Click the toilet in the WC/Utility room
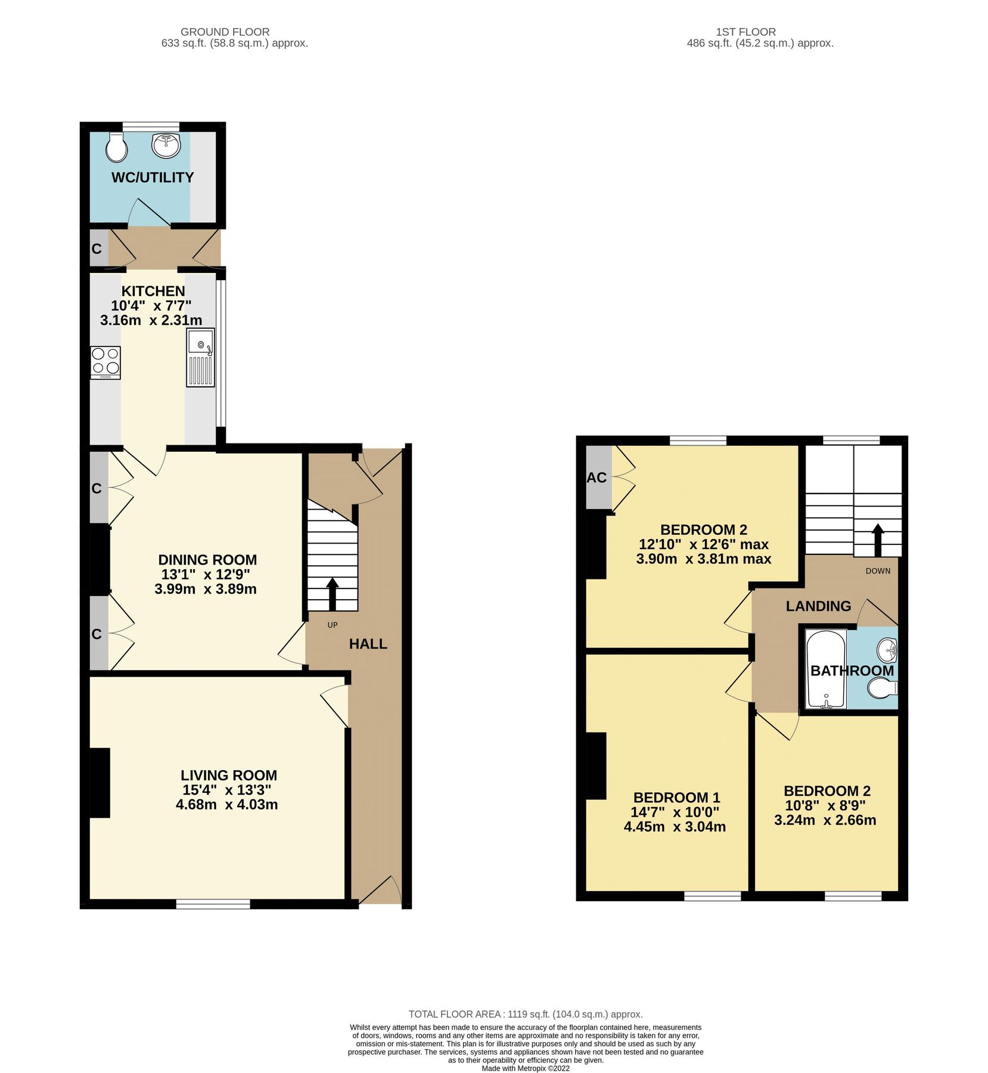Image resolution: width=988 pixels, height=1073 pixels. pyautogui.click(x=117, y=147)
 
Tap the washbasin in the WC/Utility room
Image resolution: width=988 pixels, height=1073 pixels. pyautogui.click(x=166, y=145)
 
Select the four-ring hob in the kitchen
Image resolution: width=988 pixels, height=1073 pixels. pyautogui.click(x=105, y=362)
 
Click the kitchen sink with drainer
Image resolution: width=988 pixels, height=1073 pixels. pyautogui.click(x=200, y=356)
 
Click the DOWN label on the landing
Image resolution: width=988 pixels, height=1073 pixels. pyautogui.click(x=877, y=570)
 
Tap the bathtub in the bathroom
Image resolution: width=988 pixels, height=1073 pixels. pyautogui.click(x=825, y=669)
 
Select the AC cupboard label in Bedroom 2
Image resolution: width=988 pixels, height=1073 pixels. pyautogui.click(x=596, y=477)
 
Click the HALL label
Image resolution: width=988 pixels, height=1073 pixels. pyautogui.click(x=368, y=644)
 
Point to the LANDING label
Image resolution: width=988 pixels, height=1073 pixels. pyautogui.click(x=818, y=606)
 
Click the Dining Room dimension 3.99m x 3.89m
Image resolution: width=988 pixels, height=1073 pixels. pyautogui.click(x=206, y=589)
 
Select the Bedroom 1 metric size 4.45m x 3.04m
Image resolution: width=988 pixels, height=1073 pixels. pyautogui.click(x=675, y=826)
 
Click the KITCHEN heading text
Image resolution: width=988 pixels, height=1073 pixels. pyautogui.click(x=153, y=291)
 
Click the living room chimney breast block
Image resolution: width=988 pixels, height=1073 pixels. pyautogui.click(x=100, y=782)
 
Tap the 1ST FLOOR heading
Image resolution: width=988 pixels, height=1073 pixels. pyautogui.click(x=745, y=32)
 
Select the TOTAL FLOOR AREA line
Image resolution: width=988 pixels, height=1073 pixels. pyautogui.click(x=525, y=1014)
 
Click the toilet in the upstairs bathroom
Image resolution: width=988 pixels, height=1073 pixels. pyautogui.click(x=882, y=689)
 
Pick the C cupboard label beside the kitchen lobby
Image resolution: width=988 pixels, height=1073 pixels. pyautogui.click(x=97, y=249)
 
